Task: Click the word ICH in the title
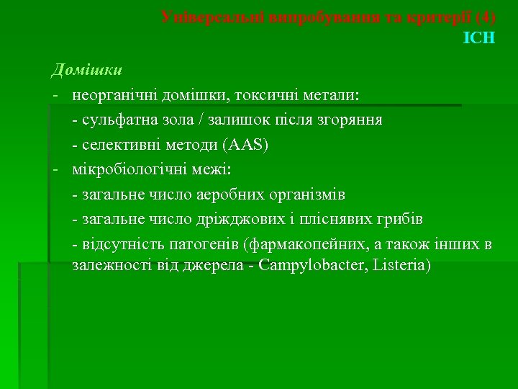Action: [480, 37]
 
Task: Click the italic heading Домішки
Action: [86, 71]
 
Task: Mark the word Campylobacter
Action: [314, 266]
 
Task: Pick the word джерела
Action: [215, 266]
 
